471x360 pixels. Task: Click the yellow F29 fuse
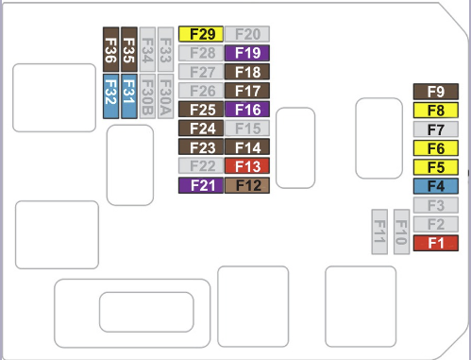201,34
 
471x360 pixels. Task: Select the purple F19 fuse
247,53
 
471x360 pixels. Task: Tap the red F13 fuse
247,166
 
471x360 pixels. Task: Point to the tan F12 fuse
247,185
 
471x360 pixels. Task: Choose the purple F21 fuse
201,185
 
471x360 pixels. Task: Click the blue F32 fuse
111,96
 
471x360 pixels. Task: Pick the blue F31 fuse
129,96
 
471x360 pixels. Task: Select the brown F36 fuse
111,49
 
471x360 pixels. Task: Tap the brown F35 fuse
129,49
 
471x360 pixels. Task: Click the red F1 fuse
436,243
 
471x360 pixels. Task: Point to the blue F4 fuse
436,186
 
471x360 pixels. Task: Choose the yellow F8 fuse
436,111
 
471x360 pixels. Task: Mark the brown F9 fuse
436,92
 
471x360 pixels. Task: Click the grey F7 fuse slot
436,129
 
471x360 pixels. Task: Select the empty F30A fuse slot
165,96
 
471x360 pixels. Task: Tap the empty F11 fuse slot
379,231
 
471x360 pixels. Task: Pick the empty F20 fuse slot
247,34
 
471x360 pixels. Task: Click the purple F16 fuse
247,110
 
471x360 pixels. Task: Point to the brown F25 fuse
201,110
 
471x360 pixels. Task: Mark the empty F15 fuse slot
247,129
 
